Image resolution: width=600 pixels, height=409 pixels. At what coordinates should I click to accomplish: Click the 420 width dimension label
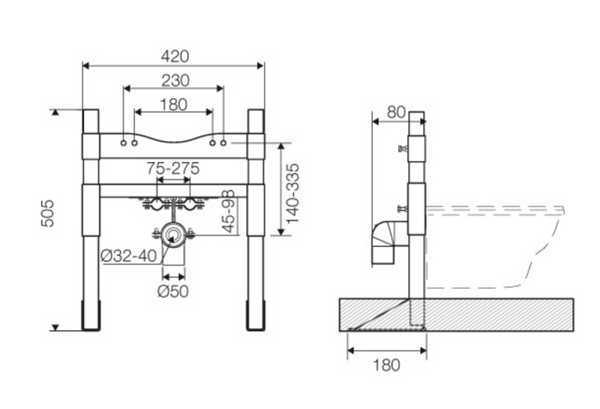click(175, 56)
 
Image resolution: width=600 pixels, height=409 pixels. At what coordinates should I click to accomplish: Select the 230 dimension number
click(175, 80)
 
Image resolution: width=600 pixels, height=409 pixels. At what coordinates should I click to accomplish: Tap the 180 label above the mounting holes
click(173, 104)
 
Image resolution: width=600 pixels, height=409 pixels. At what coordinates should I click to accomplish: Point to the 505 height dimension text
click(47, 213)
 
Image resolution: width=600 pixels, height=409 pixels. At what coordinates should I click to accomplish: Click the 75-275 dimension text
click(173, 168)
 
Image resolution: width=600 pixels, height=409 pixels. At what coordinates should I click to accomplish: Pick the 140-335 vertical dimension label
click(292, 194)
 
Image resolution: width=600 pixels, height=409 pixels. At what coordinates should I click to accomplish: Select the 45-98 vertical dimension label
click(229, 211)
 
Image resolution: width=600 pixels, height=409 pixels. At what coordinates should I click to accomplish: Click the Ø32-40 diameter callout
click(129, 256)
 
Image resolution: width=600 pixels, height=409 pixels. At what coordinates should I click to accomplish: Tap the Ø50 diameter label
click(173, 291)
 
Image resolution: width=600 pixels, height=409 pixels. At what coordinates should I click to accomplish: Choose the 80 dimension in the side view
click(396, 113)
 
